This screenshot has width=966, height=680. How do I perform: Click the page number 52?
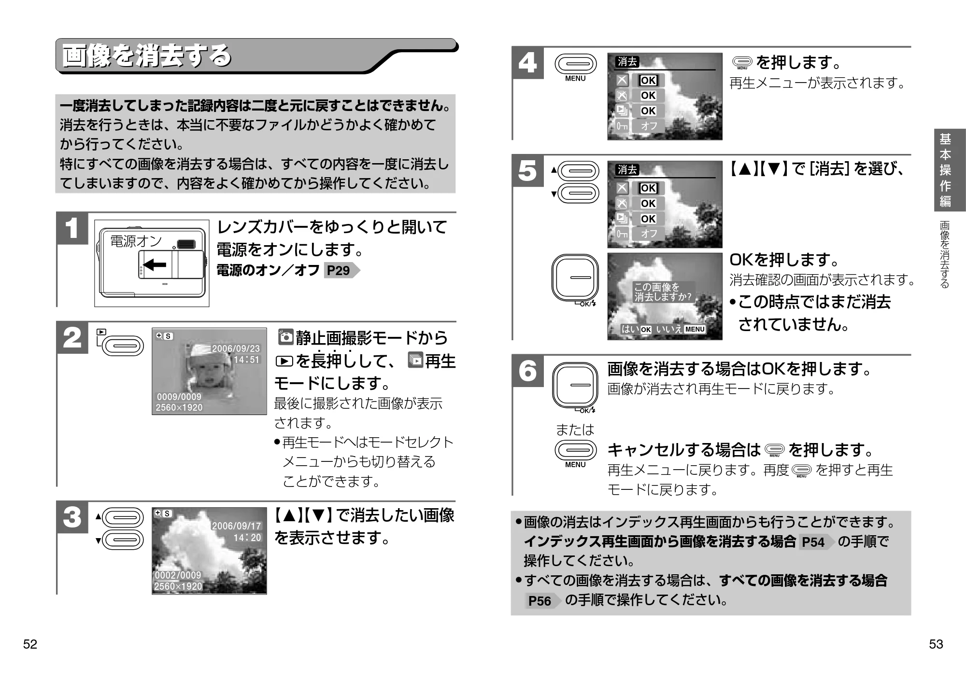pos(30,644)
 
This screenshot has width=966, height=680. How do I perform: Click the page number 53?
pos(936,644)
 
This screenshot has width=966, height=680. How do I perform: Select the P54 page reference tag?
pos(817,542)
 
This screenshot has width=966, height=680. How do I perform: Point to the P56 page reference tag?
pos(543,601)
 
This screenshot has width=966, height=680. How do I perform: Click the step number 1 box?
pos(72,229)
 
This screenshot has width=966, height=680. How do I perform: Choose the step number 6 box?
pos(527,371)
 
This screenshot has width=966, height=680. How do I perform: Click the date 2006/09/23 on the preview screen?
pos(236,348)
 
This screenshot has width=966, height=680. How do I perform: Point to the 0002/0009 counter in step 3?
pos(178,575)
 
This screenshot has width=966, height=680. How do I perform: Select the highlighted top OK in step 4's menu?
pos(648,81)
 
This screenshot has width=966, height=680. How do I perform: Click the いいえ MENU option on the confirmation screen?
pos(681,329)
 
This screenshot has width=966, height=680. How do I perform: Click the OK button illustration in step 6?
pos(575,385)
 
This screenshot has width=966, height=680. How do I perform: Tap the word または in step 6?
pos(575,430)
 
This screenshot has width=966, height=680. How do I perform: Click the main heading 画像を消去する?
pos(147,56)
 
